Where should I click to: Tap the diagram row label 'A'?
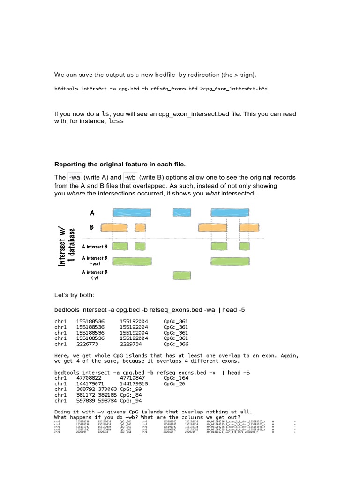[x=92, y=213]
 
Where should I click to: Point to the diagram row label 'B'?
[x=92, y=227]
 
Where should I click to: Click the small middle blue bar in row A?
[x=182, y=212]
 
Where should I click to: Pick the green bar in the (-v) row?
[x=182, y=275]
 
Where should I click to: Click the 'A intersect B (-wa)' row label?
[x=95, y=261]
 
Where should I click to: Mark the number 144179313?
[x=134, y=383]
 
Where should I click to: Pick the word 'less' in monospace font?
[x=116, y=121]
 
